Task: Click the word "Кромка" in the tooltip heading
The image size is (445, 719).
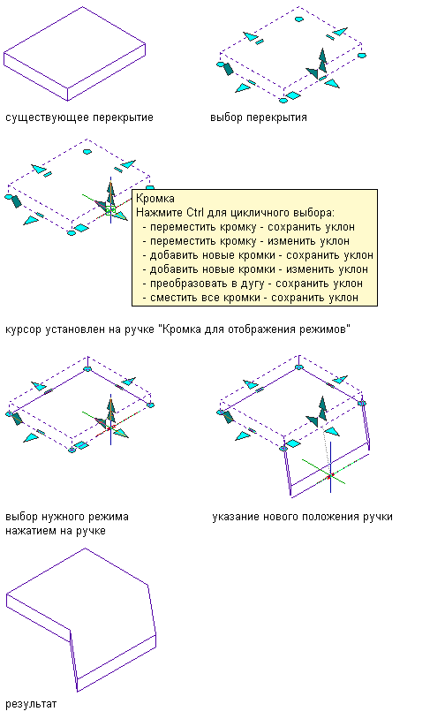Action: click(155, 199)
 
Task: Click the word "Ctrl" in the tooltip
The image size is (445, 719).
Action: click(195, 213)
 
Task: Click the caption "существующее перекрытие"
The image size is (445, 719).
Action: click(79, 117)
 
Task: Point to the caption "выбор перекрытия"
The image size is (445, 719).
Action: click(259, 117)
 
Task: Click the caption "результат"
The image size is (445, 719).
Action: click(31, 704)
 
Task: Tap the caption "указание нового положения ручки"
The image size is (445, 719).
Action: click(303, 517)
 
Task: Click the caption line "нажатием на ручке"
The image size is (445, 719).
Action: click(56, 531)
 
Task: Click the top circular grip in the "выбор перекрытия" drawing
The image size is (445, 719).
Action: click(298, 19)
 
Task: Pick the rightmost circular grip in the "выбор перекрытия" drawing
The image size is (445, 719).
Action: click(362, 56)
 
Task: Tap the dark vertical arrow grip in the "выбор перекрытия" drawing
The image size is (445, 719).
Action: click(322, 61)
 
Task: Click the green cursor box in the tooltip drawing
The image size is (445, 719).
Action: click(110, 210)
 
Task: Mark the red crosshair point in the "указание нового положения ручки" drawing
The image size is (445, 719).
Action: click(329, 477)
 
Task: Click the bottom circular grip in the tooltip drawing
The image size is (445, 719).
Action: click(71, 233)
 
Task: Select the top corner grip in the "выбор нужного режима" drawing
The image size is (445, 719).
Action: click(87, 368)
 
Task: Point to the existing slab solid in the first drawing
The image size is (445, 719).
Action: click(75, 53)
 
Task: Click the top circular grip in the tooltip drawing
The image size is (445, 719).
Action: click(87, 151)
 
